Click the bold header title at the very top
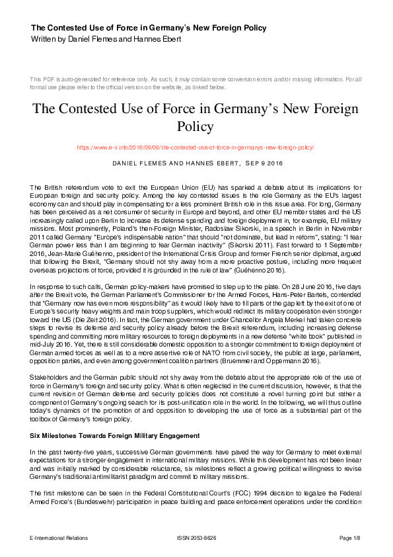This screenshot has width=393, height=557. tap(149, 28)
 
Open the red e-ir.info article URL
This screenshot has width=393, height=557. tap(196, 148)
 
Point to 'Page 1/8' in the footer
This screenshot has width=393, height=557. tap(351, 538)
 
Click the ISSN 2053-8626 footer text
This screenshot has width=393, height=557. tap(196, 538)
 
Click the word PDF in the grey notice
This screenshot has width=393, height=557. tap(50, 79)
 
